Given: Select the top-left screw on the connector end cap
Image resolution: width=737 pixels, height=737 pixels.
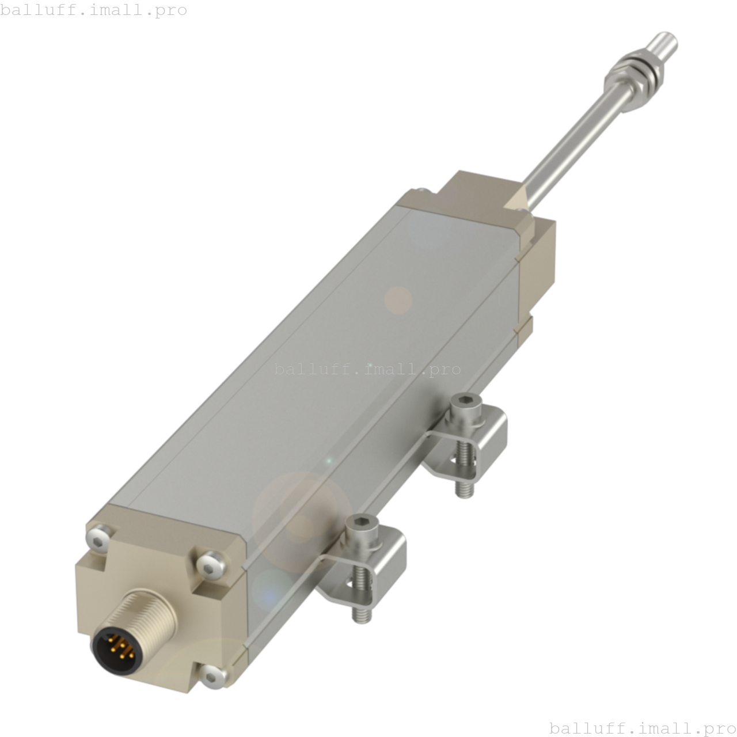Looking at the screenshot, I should click(98, 538).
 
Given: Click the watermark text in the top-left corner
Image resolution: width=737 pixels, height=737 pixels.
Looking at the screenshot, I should click(93, 10).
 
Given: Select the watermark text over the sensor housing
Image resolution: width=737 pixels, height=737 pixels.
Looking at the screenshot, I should click(367, 369).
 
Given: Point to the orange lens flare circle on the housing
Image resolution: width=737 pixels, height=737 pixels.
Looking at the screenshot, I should click(398, 300).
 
